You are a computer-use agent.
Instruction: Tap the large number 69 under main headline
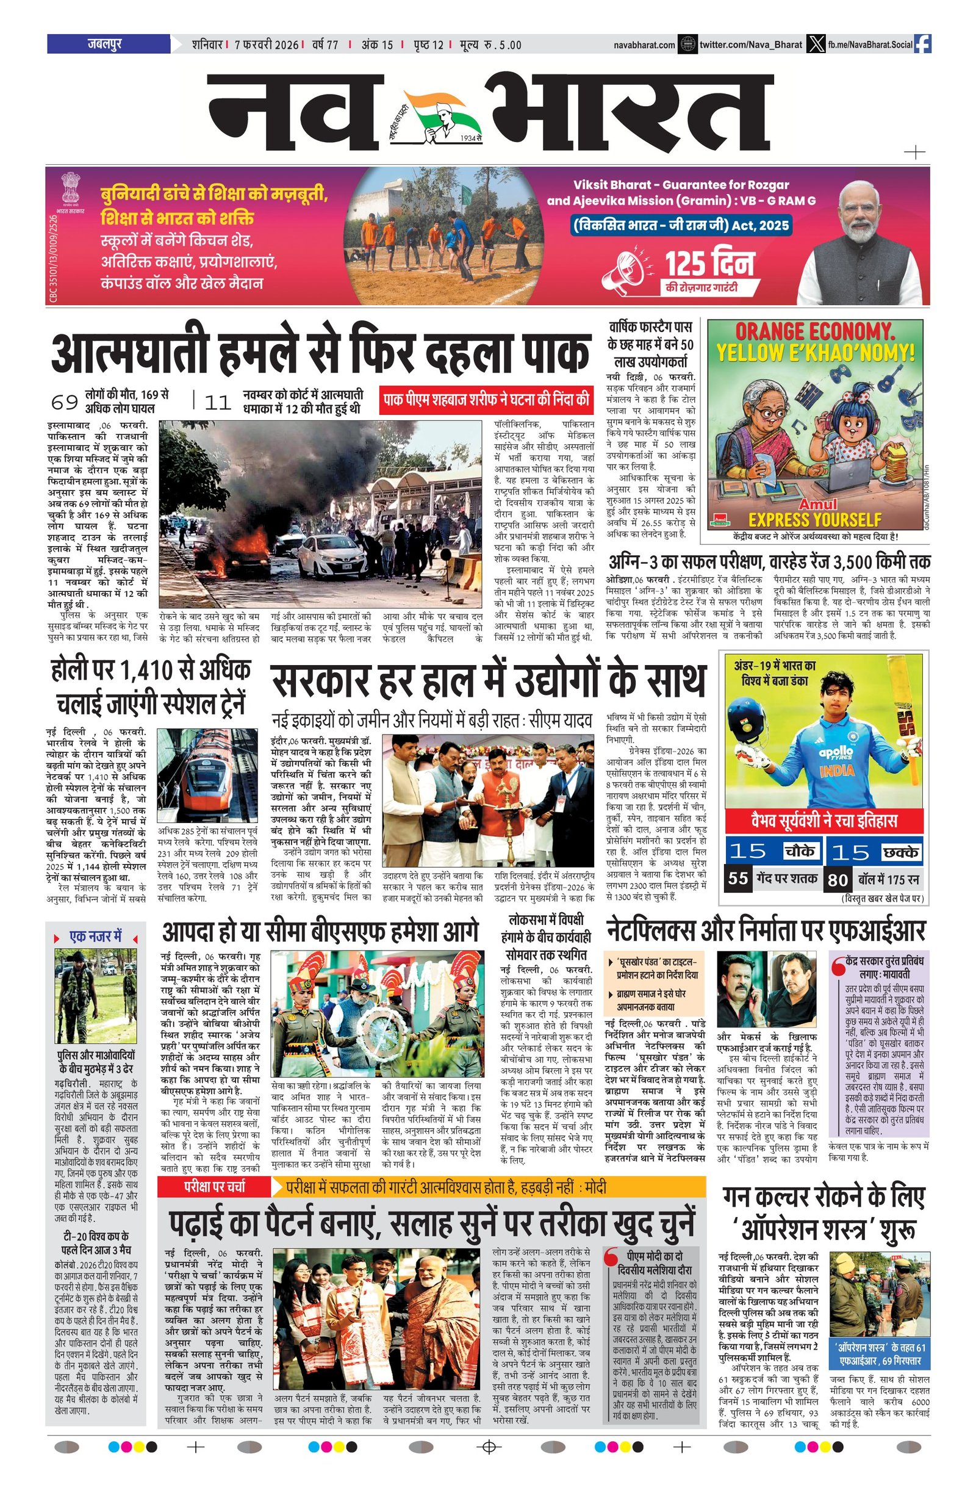[65, 402]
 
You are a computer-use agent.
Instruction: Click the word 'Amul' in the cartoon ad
[818, 505]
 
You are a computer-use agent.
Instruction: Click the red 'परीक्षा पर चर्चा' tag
[214, 1187]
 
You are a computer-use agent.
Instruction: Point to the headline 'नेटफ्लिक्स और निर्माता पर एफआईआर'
[766, 931]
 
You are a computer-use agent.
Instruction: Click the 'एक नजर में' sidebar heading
[95, 937]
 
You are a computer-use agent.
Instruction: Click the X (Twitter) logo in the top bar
[816, 44]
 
